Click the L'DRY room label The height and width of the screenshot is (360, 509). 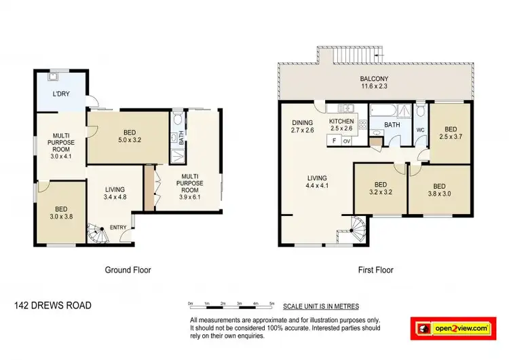62,95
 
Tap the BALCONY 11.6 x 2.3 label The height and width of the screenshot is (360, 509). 374,83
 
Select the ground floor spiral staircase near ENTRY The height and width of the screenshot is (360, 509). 98,236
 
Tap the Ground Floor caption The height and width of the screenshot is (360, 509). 127,270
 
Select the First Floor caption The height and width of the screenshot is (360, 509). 375,270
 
